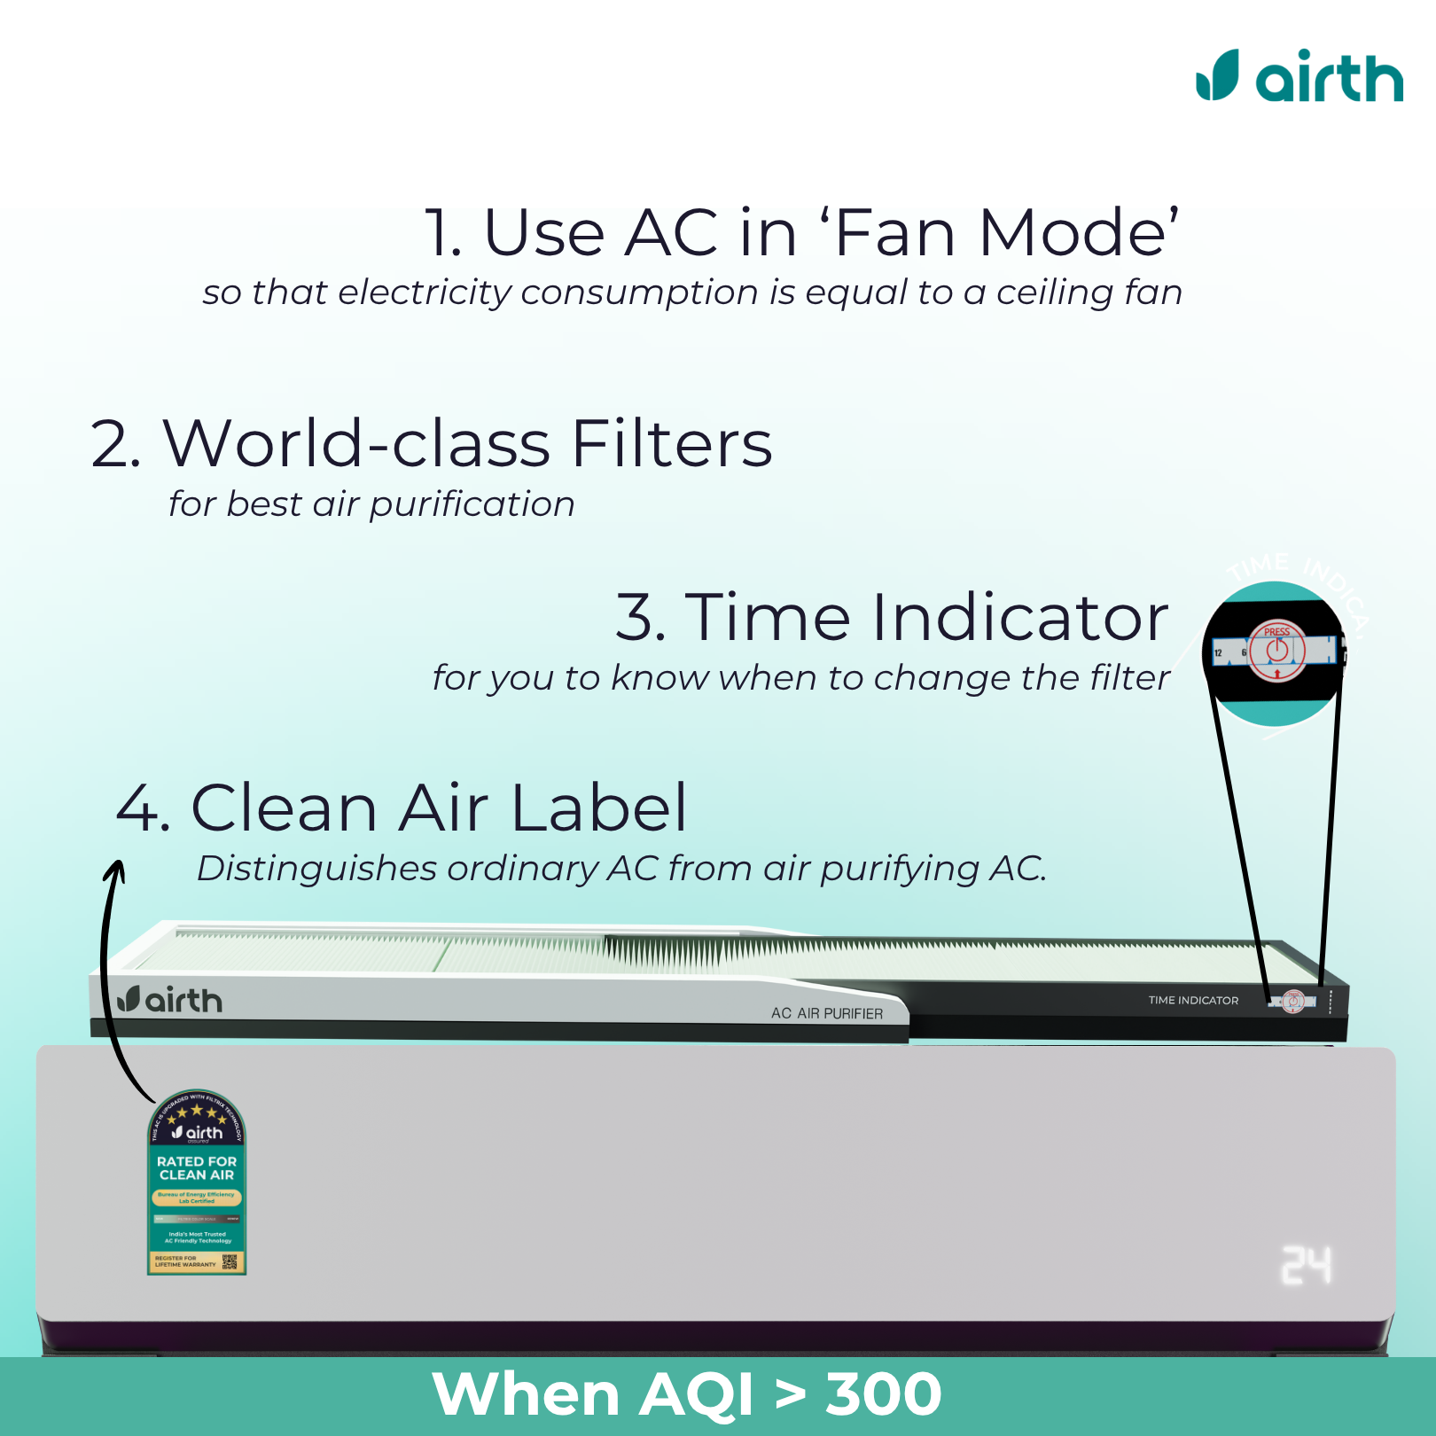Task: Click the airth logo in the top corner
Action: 1299,76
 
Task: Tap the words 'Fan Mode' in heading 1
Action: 1006,233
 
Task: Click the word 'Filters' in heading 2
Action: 672,443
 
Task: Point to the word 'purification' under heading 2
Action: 472,504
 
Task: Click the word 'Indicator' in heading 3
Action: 1020,617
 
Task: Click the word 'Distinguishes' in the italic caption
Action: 316,869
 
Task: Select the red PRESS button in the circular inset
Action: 1277,651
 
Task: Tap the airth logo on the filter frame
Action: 170,1000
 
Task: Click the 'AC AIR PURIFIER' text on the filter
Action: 826,1013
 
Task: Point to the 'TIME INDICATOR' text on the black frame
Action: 1193,1000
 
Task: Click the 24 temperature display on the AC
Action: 1306,1265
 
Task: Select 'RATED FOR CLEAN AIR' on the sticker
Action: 197,1167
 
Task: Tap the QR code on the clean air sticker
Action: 230,1261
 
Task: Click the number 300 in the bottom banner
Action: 883,1394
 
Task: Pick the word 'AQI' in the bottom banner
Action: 696,1394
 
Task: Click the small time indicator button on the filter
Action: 1293,1001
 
